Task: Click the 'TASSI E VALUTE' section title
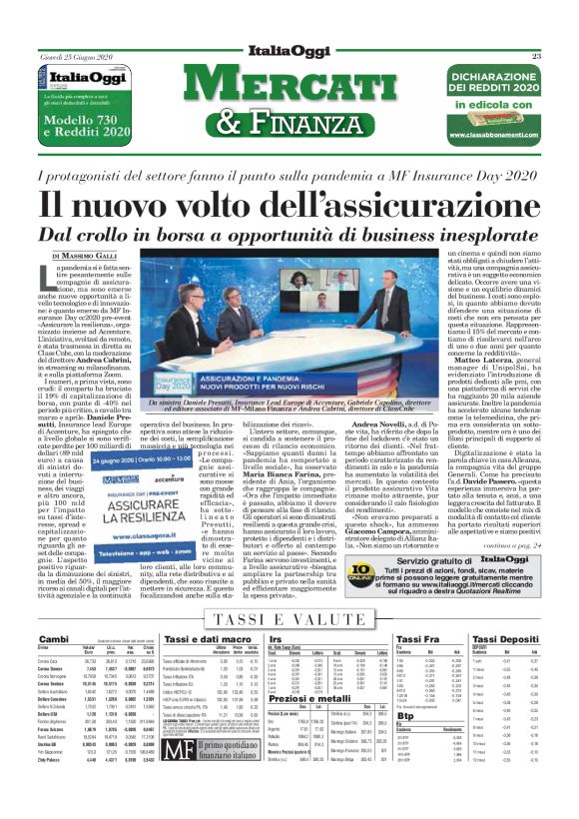coord(289,620)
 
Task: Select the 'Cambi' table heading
coord(52,638)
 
